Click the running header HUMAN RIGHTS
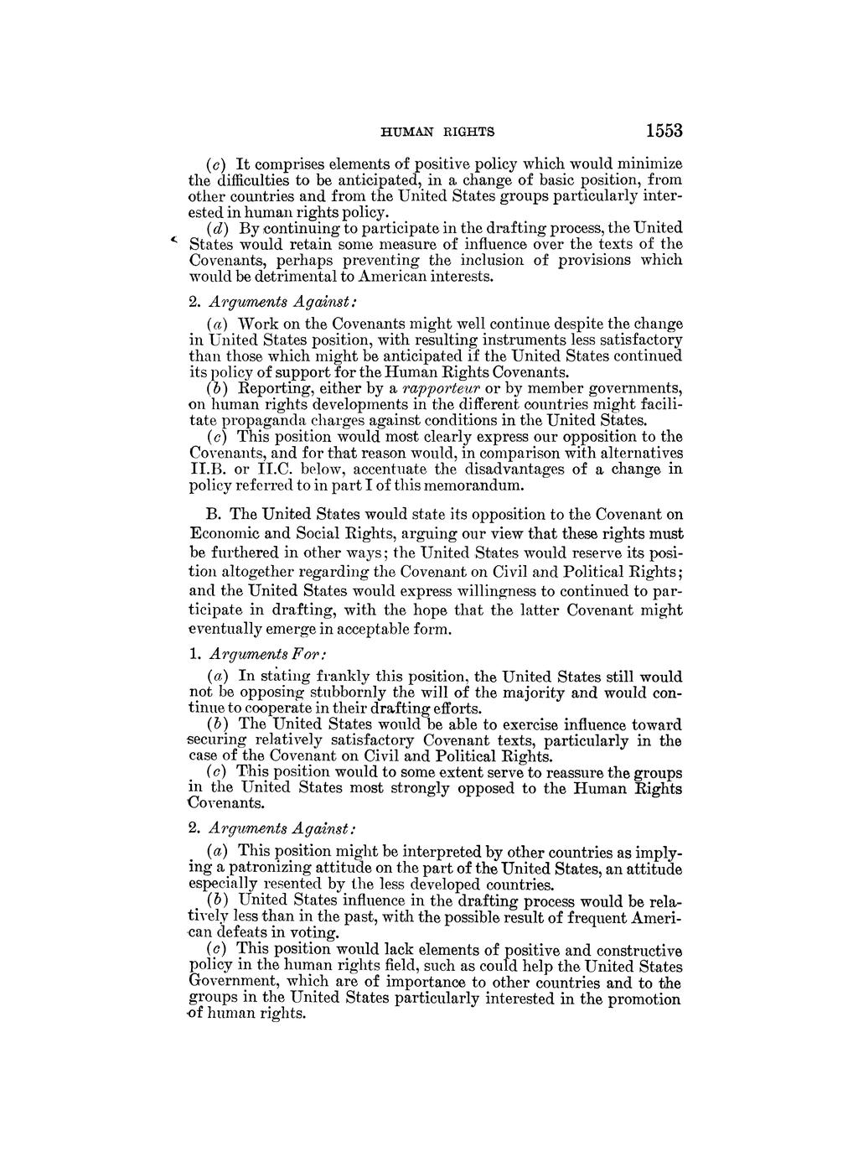pyautogui.click(x=437, y=132)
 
